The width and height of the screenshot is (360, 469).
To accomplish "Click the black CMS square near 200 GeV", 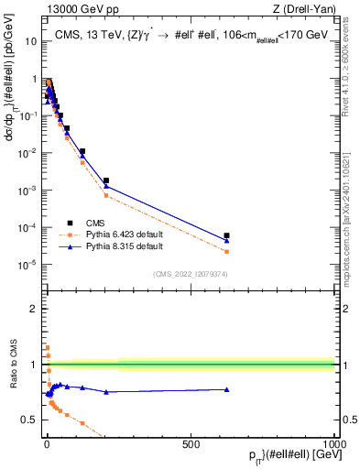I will (106, 180).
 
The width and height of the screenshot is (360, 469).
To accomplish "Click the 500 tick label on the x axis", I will (191, 443).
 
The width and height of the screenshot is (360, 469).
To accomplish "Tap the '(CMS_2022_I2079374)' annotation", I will (191, 274).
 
